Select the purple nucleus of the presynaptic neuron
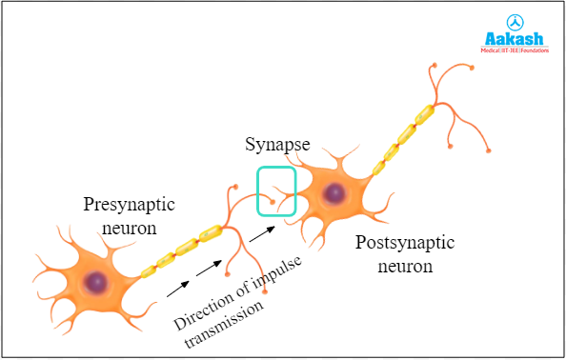click(x=95, y=282)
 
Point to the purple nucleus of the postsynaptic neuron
click(x=334, y=194)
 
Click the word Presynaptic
click(x=130, y=204)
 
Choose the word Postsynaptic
click(x=403, y=243)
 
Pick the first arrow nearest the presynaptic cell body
click(x=176, y=283)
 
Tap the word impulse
click(x=269, y=263)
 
